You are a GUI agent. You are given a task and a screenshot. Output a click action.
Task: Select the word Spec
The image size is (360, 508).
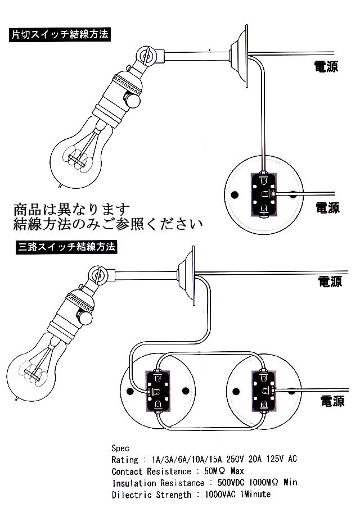coord(121,448)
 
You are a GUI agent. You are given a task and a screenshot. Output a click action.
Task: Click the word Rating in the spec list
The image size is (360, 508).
coord(125,459)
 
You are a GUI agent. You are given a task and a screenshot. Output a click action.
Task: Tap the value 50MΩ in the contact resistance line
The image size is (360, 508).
coord(212,471)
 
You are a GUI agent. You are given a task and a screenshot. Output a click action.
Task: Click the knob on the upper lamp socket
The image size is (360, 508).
coord(134,101)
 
